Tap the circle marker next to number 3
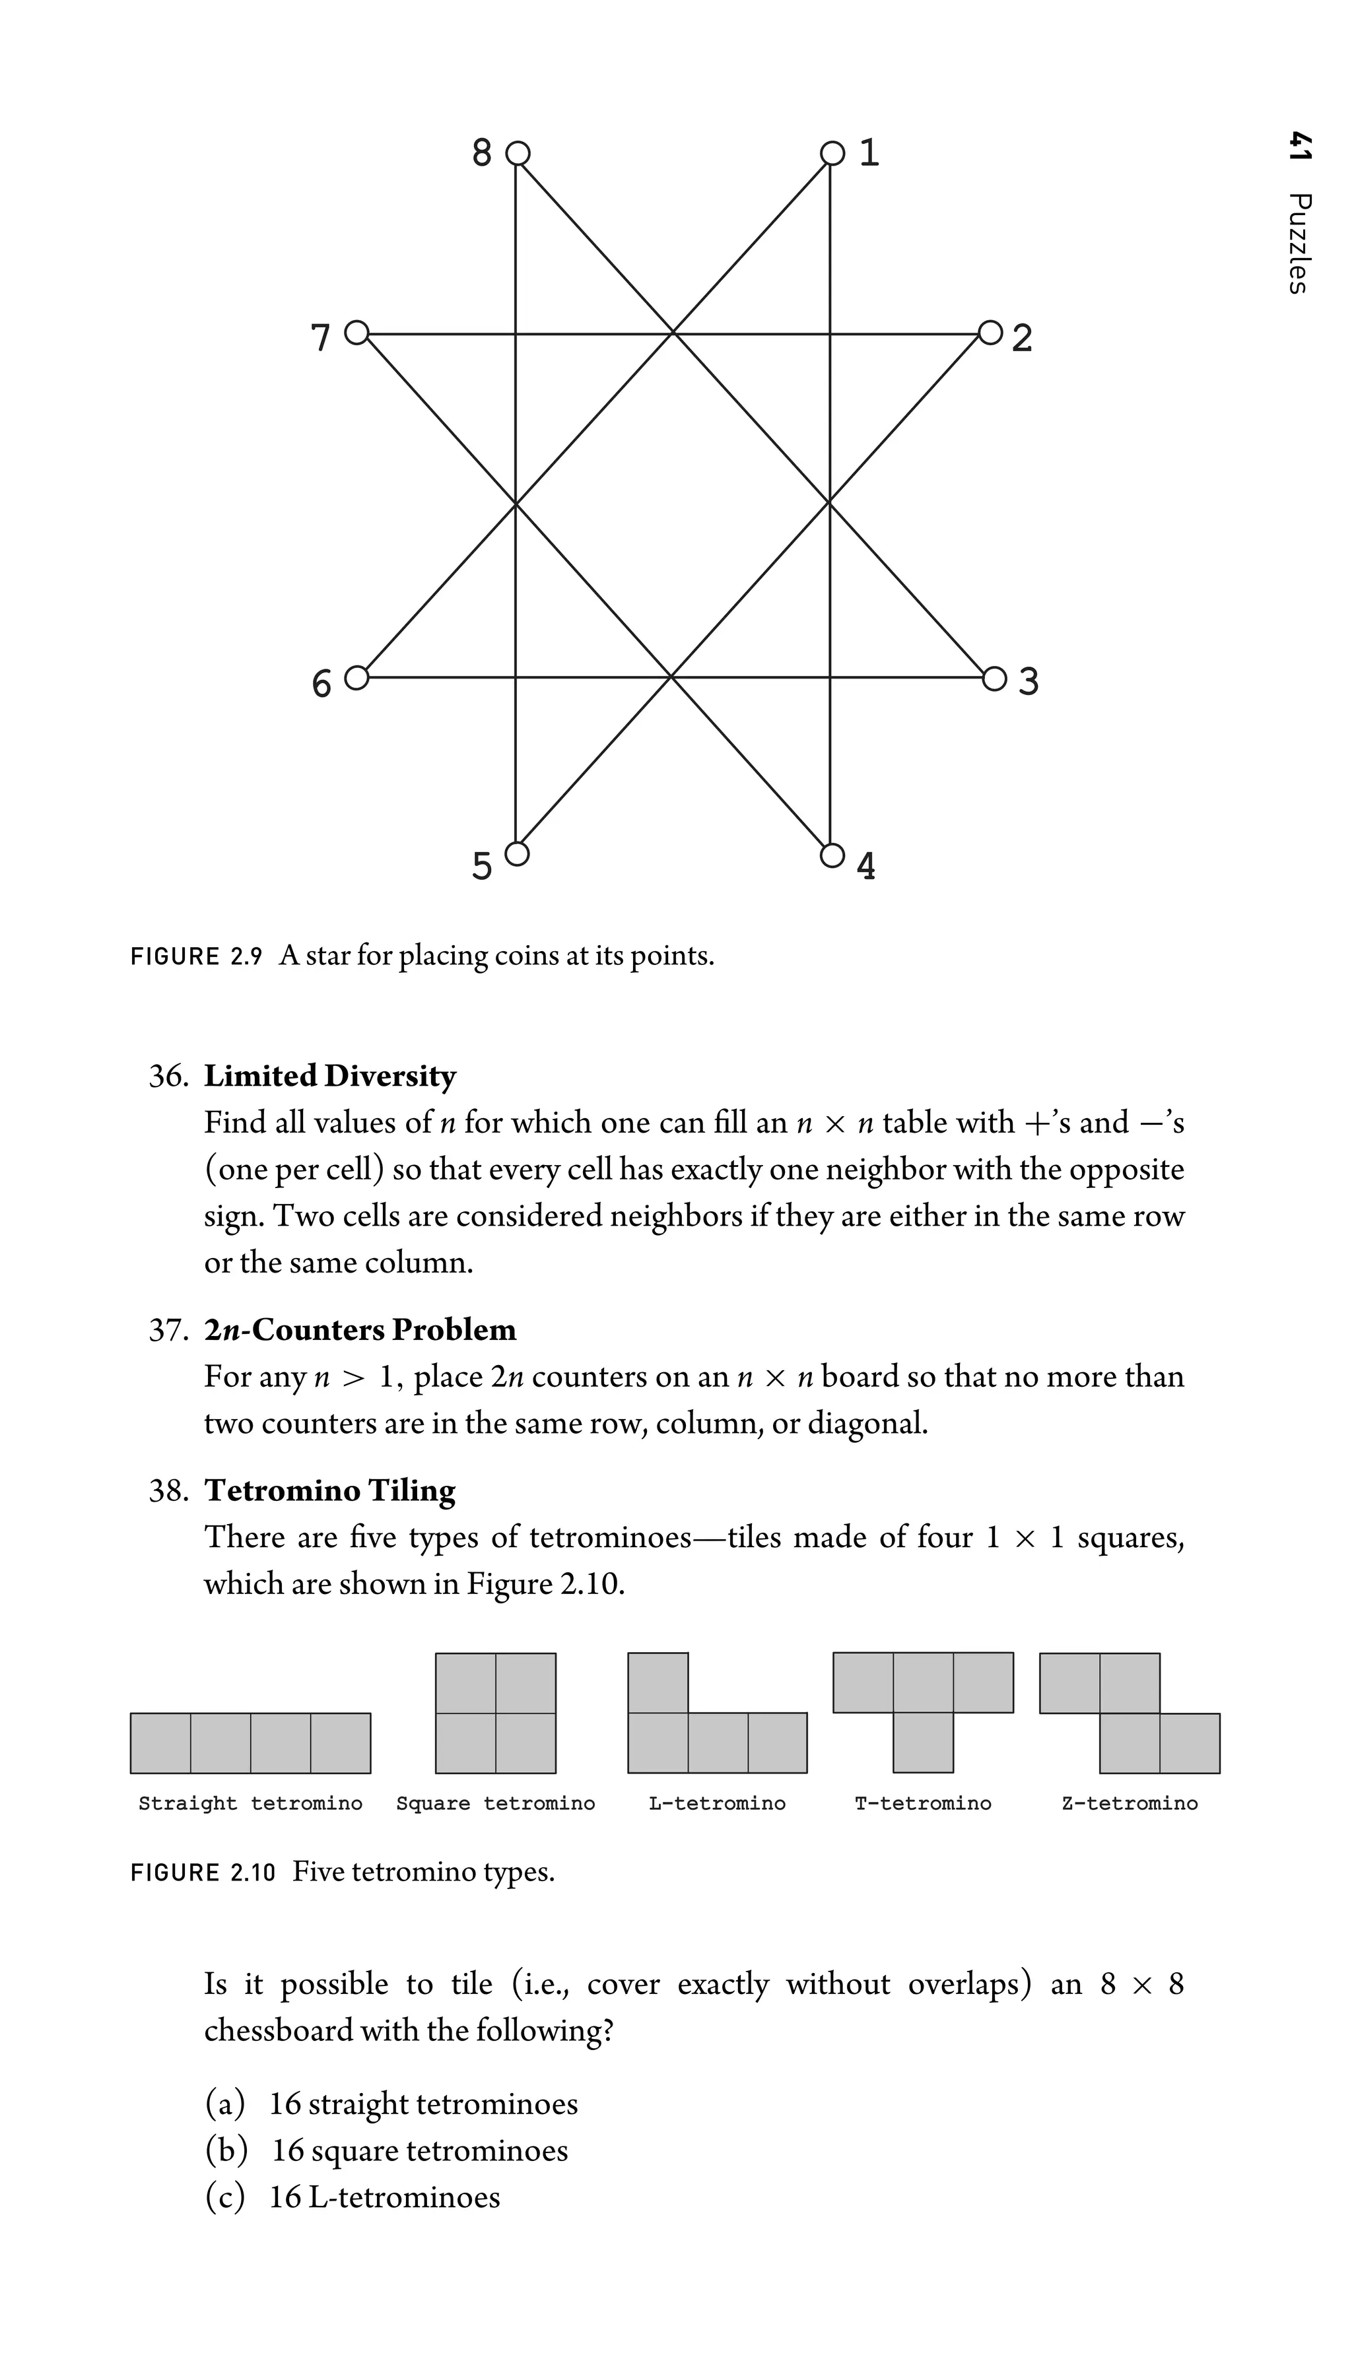coord(994,679)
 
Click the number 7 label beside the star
coord(320,338)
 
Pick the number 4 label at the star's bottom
coord(865,866)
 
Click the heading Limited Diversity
coord(329,1075)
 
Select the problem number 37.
coord(168,1329)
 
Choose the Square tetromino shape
coord(495,1712)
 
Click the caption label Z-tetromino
coord(1129,1803)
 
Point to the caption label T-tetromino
coord(922,1803)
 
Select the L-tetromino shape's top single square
coord(658,1682)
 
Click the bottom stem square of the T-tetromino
coord(923,1742)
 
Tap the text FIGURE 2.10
coord(203,1873)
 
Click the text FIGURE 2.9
coord(197,956)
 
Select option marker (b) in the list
coord(226,2150)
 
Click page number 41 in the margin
coord(1300,147)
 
